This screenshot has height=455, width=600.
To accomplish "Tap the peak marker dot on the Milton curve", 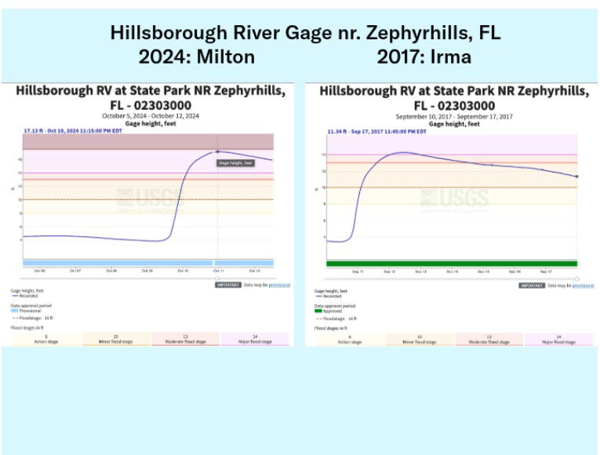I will coord(217,151).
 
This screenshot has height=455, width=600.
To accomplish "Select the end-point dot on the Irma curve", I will coord(576,177).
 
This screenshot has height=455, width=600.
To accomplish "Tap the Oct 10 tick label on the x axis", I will coord(183,271).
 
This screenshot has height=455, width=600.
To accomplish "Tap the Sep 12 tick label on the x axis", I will coord(389,271).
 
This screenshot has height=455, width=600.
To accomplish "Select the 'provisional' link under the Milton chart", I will coord(279,286).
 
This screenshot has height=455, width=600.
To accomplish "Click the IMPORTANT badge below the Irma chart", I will coord(533,286).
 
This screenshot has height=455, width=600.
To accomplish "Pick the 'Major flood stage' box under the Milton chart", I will coord(255,339).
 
